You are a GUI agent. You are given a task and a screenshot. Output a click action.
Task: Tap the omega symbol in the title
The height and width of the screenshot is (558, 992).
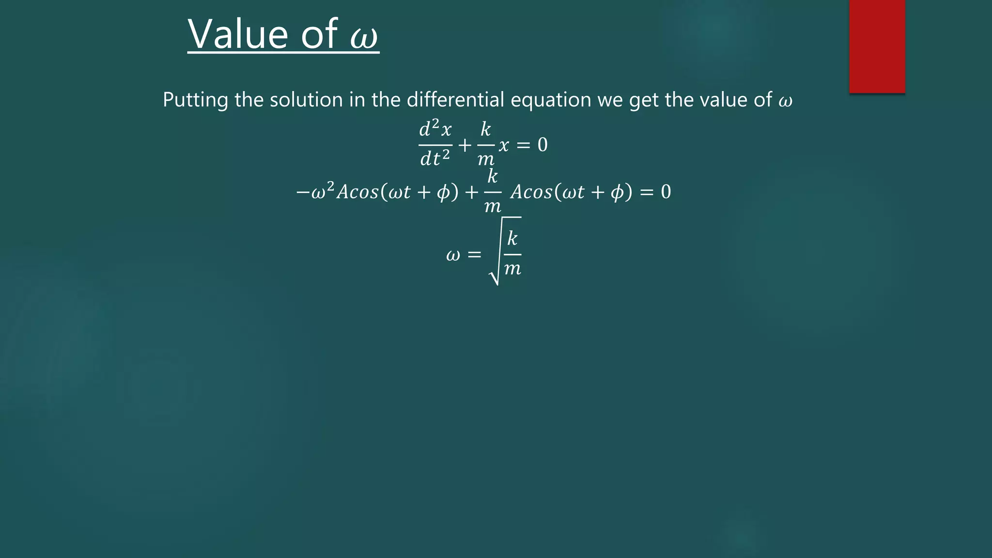(364, 37)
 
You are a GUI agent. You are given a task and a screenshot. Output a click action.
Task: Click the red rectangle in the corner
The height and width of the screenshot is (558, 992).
(877, 46)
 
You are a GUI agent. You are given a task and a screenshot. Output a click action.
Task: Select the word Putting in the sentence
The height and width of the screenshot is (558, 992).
(195, 100)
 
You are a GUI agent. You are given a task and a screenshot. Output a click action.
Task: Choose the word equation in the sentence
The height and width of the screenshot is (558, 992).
(551, 100)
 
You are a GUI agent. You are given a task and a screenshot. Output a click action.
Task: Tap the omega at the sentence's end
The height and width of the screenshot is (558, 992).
(785, 101)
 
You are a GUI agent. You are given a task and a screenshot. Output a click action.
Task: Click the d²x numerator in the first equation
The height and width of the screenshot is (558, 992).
(435, 129)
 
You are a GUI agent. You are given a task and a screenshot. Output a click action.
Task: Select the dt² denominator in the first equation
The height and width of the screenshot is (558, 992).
(435, 158)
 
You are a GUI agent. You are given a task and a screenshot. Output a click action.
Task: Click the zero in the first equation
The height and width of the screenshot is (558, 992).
(542, 145)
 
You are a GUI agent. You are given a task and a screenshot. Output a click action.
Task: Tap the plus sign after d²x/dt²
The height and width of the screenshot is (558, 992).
(465, 145)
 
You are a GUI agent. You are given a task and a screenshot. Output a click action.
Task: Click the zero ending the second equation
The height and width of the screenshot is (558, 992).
(666, 192)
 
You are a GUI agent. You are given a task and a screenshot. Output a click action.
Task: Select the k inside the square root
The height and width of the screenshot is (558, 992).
(512, 238)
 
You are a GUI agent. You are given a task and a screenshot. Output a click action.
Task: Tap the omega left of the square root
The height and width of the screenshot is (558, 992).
(453, 255)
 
